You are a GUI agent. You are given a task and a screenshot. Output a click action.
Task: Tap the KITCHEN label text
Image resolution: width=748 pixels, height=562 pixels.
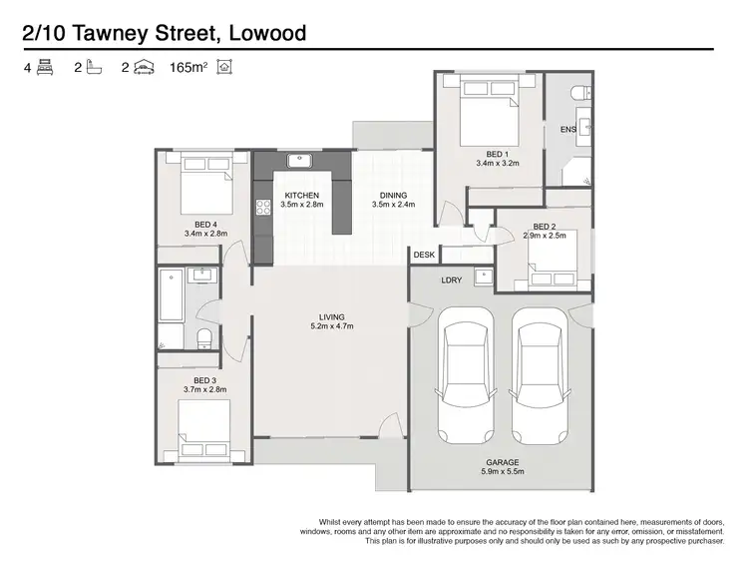[x=301, y=195]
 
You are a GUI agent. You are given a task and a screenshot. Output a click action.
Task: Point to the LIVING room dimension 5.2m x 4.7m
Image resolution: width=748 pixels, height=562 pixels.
[x=332, y=326]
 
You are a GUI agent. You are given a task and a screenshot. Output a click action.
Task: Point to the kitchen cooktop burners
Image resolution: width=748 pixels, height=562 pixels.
[x=264, y=208]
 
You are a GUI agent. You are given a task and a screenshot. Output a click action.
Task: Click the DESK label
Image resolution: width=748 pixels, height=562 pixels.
[x=424, y=256]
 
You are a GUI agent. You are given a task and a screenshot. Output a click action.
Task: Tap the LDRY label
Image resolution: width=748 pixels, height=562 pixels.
[x=451, y=281]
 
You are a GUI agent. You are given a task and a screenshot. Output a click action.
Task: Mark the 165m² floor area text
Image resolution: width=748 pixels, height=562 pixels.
[x=191, y=68]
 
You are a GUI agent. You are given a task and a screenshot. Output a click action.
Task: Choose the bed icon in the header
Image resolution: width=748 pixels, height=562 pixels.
[x=45, y=68]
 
